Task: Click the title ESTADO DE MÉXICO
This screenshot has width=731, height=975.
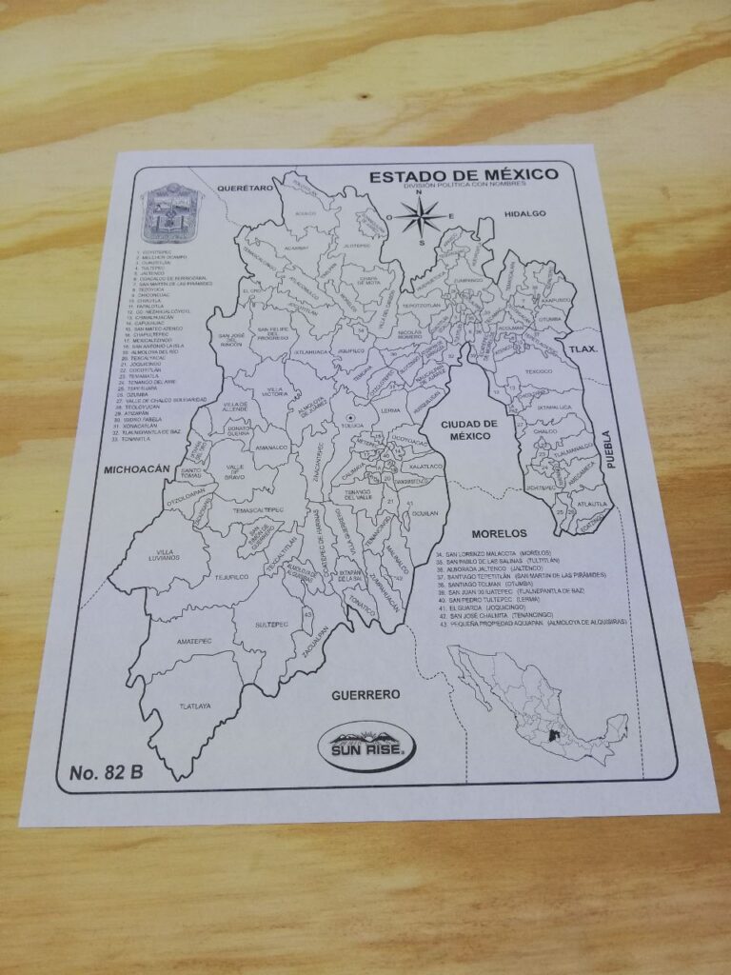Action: (x=464, y=176)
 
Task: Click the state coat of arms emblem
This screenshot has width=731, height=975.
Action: (x=172, y=214)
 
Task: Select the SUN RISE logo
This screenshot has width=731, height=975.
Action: (x=366, y=744)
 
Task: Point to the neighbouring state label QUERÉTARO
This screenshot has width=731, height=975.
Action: (x=246, y=190)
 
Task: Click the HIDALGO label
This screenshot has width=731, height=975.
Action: (x=525, y=213)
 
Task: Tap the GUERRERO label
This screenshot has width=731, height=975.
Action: (x=365, y=695)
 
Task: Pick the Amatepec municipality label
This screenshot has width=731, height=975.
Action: (x=193, y=642)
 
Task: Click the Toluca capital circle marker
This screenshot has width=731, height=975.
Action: (x=352, y=419)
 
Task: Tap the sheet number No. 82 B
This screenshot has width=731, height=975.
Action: (x=107, y=772)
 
